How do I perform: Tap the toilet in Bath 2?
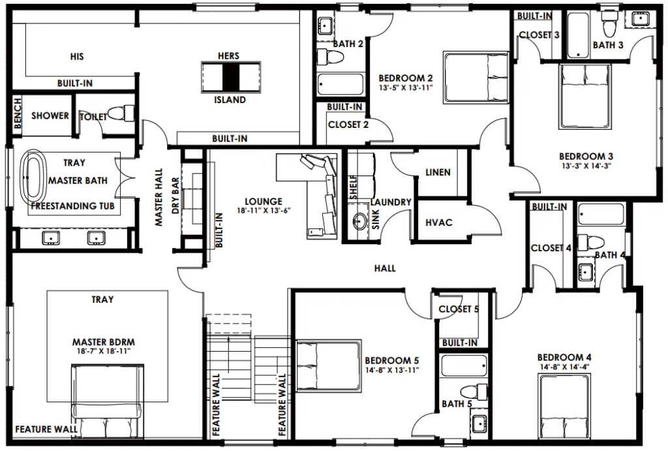[331, 57]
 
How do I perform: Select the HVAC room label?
[439, 223]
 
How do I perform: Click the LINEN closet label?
[438, 172]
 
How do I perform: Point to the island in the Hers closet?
[230, 77]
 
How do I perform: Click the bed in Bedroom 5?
[329, 365]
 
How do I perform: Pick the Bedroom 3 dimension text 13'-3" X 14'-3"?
[586, 166]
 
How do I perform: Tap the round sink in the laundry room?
[361, 221]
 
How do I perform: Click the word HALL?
[385, 268]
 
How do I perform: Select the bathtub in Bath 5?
[464, 365]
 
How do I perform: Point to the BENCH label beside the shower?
[18, 113]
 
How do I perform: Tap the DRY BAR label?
[175, 196]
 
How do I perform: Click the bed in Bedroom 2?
[476, 77]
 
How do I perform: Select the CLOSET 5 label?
[459, 309]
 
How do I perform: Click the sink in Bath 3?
[639, 19]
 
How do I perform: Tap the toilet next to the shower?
[121, 114]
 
